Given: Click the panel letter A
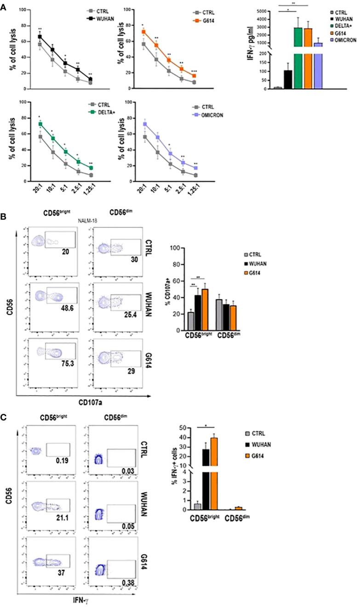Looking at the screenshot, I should tap(4, 5).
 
